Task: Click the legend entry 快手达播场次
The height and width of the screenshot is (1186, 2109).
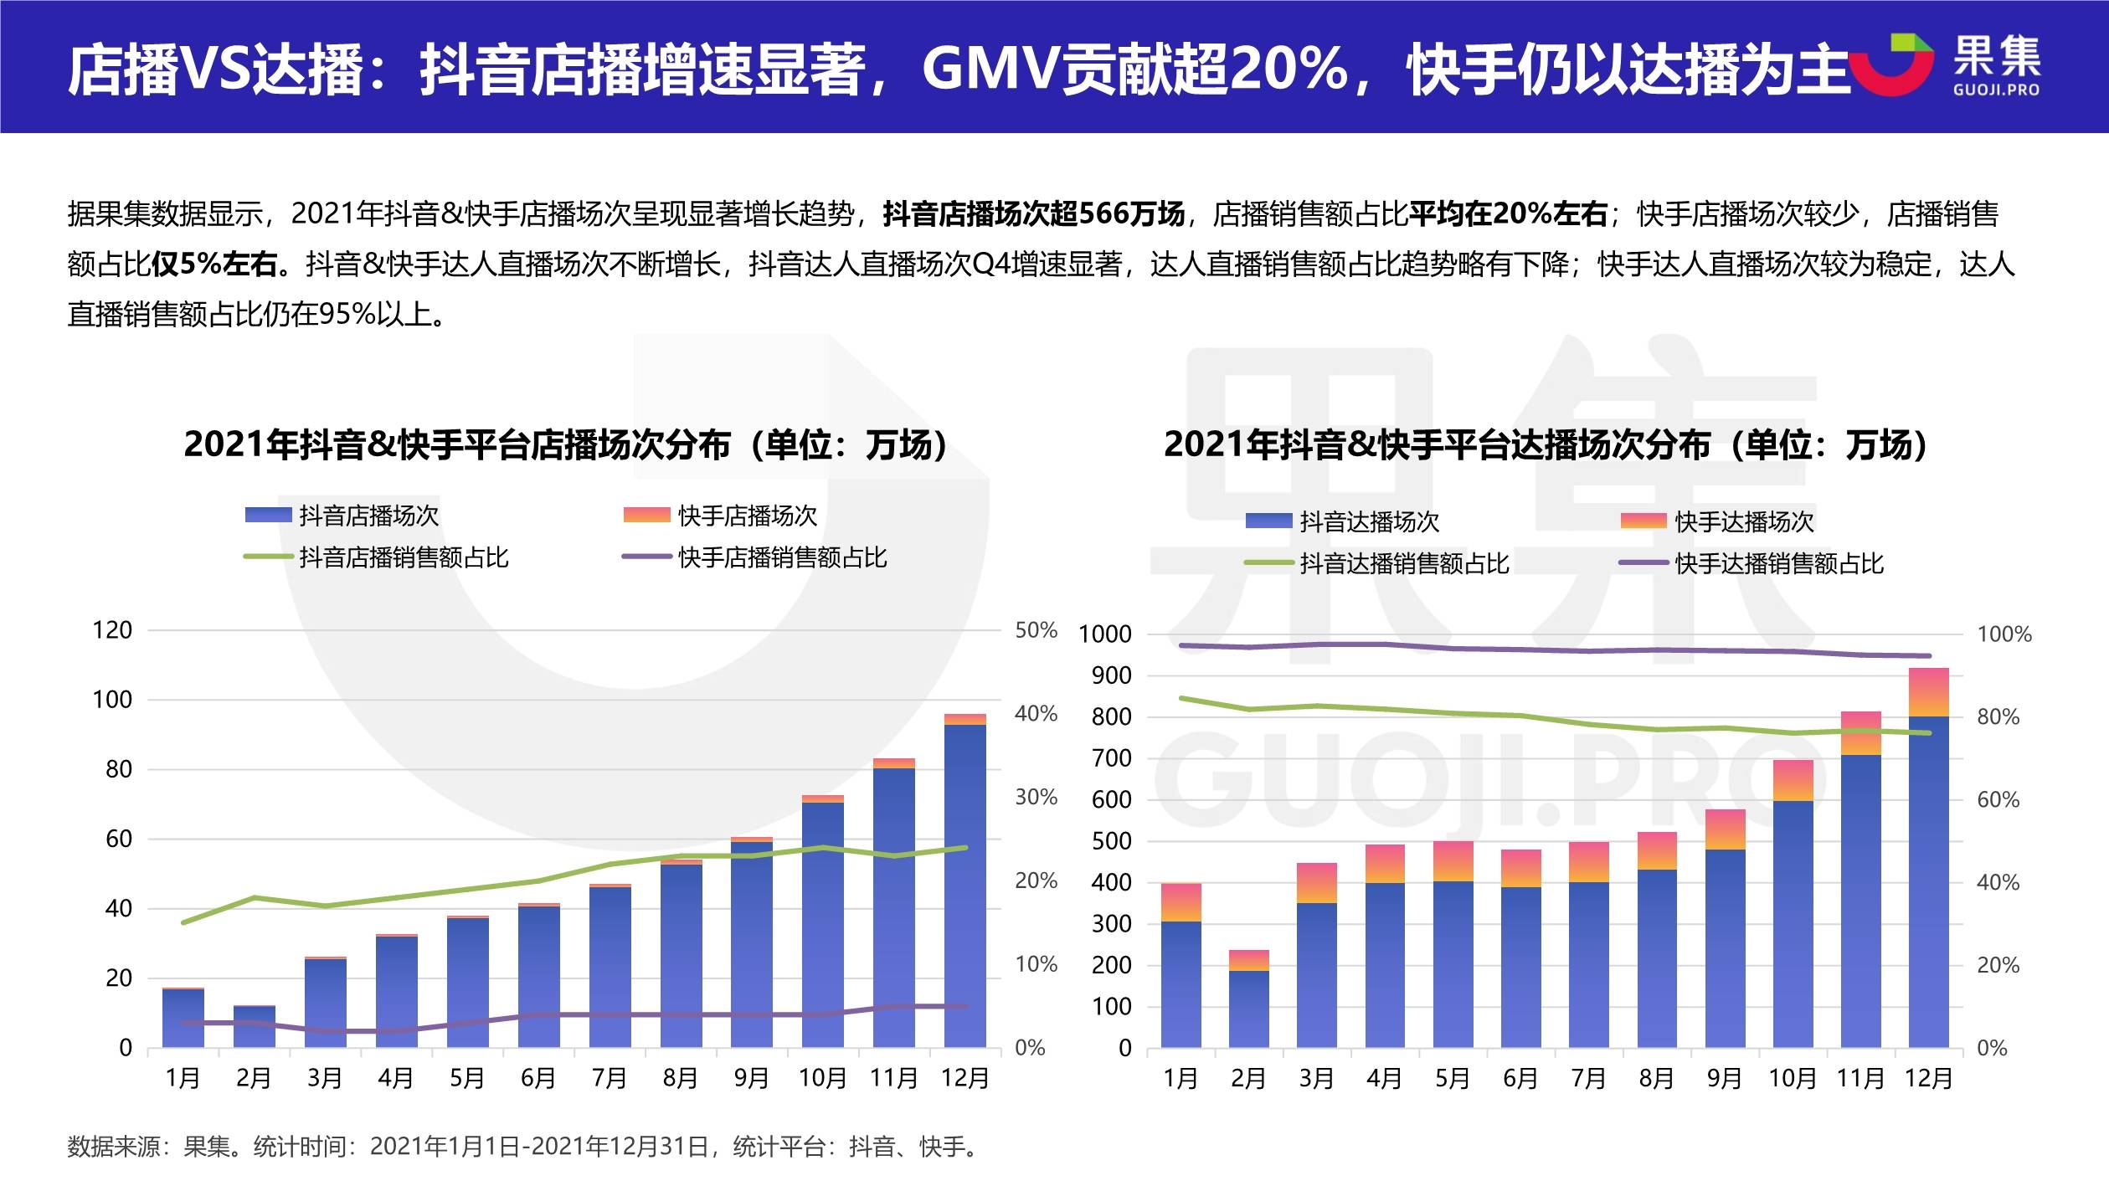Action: coord(1743,521)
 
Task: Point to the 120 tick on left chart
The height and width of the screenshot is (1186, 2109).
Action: coord(112,630)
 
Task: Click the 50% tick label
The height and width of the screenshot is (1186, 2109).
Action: coord(1036,630)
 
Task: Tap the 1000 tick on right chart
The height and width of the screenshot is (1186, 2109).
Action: coord(1104,634)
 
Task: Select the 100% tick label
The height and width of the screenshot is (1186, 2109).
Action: coord(2004,634)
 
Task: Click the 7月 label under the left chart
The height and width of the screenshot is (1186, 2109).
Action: coord(609,1078)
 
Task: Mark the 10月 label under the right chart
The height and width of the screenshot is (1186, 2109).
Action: coord(1792,1078)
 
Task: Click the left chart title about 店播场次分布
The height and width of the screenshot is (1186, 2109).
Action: coord(566,445)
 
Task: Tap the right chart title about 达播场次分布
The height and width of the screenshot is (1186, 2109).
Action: coord(1546,445)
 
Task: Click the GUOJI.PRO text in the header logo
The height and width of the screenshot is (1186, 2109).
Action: coord(1996,90)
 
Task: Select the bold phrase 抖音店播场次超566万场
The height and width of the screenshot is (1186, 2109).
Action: coord(1033,214)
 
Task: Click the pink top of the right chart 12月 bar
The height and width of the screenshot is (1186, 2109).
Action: coord(1928,691)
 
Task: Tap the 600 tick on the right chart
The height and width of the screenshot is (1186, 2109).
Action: coord(1111,800)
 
